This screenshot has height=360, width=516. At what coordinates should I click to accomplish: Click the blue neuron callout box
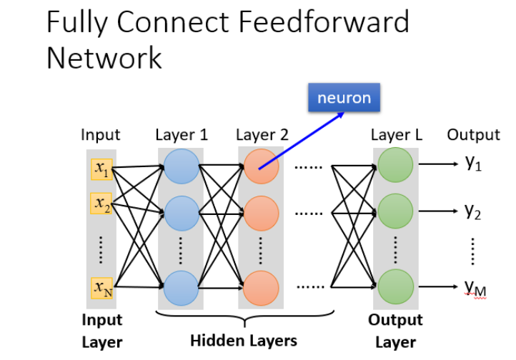(344, 98)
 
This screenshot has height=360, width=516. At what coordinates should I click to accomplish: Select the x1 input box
(101, 169)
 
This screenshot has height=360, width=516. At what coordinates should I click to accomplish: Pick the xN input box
(101, 287)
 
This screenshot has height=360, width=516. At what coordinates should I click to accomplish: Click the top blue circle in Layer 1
(182, 169)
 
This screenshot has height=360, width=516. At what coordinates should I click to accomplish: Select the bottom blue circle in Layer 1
(182, 288)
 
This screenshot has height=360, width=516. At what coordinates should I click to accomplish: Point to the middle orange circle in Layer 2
(262, 212)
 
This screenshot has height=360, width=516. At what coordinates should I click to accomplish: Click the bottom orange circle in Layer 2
(262, 288)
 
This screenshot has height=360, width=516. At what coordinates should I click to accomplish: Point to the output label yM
(475, 288)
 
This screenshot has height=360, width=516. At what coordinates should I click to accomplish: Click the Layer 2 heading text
(262, 135)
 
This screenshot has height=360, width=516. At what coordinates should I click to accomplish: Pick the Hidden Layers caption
(244, 339)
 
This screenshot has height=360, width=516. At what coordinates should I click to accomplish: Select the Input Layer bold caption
(102, 331)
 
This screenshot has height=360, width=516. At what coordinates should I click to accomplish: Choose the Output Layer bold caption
(395, 331)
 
